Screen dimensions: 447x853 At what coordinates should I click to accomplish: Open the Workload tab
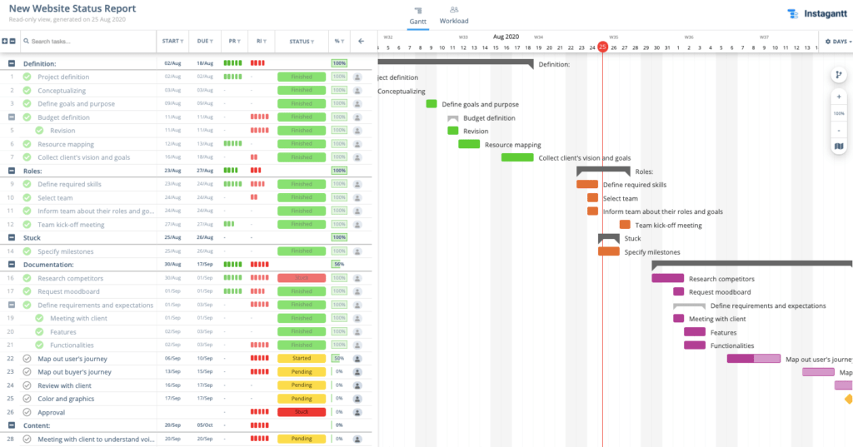(x=454, y=16)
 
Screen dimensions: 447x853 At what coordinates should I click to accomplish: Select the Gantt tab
(x=418, y=16)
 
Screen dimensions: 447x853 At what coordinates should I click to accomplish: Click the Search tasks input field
(x=87, y=41)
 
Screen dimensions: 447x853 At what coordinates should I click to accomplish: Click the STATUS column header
(x=301, y=41)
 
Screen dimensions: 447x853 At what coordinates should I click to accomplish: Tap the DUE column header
(x=204, y=41)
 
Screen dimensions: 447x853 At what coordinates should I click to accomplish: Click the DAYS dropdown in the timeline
(x=837, y=41)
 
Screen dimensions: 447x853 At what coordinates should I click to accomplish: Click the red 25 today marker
(x=602, y=47)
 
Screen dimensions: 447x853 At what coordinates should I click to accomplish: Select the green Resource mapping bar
(x=469, y=144)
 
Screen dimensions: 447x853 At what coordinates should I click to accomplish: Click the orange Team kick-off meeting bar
(x=625, y=225)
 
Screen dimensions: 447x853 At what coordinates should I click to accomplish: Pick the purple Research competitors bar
(x=667, y=278)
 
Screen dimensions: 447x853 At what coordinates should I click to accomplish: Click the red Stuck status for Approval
(x=301, y=412)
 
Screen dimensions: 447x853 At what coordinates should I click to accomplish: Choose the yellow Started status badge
(x=301, y=359)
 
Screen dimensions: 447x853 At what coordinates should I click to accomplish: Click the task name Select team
(x=55, y=198)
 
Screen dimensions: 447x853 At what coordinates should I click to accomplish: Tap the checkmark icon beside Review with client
(x=27, y=385)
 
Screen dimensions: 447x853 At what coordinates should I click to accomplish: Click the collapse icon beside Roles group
(x=12, y=171)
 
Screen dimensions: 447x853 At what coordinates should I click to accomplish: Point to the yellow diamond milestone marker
(x=848, y=399)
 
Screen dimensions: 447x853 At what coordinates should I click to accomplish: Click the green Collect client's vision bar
(x=517, y=157)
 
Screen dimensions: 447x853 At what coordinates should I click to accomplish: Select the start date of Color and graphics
(x=172, y=399)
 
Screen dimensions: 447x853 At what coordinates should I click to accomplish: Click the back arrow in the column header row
(x=361, y=41)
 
